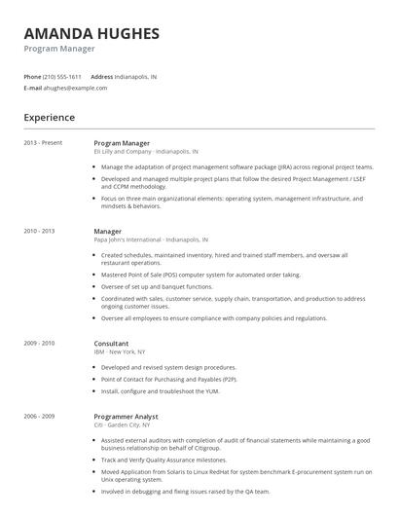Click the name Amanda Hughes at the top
[91, 34]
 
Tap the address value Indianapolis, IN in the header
[136, 76]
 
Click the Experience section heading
[50, 118]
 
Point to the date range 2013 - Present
[43, 143]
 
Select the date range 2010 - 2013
[39, 232]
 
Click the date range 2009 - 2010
[39, 343]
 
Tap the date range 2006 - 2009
[39, 416]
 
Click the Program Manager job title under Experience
[122, 143]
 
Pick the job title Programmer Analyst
[126, 416]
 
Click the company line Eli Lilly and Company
[145, 152]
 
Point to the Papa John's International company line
[150, 240]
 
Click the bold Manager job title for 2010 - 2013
[107, 232]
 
